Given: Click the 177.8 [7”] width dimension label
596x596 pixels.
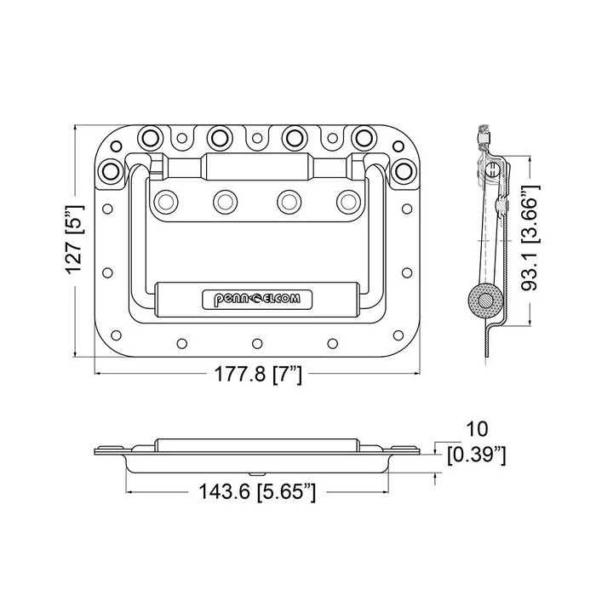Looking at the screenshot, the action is pos(258,374).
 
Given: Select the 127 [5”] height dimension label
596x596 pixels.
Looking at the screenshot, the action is pos(74,239).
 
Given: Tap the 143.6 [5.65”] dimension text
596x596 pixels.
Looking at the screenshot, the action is pos(257,492).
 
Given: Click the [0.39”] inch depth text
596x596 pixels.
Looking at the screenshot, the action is pos(477,455).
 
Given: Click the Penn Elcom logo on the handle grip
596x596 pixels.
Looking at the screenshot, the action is pos(257,299).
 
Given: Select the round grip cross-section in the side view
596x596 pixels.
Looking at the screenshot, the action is pos(486,301).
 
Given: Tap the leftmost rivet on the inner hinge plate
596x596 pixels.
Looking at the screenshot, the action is pos(166,202).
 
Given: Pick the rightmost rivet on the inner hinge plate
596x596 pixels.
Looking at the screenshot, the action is pos(348,202).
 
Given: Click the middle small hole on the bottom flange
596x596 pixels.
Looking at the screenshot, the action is pos(257,344).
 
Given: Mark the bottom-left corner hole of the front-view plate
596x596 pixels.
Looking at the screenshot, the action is pos(116,335).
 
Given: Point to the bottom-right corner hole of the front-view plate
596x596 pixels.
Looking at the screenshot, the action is pos(398,335).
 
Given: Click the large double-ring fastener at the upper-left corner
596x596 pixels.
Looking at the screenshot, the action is pos(110,171).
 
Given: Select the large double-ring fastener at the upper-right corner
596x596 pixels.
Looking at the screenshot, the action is pos(404,171).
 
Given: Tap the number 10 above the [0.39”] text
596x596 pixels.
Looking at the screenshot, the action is pos(476,429).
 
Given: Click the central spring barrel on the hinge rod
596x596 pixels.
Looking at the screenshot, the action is pos(257,167).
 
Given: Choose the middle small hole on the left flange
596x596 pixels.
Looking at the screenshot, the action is pos(107,272).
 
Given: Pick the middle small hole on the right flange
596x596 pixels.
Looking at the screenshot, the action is pos(407,272).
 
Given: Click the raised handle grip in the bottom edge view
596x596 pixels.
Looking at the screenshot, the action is pos(257,445).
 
